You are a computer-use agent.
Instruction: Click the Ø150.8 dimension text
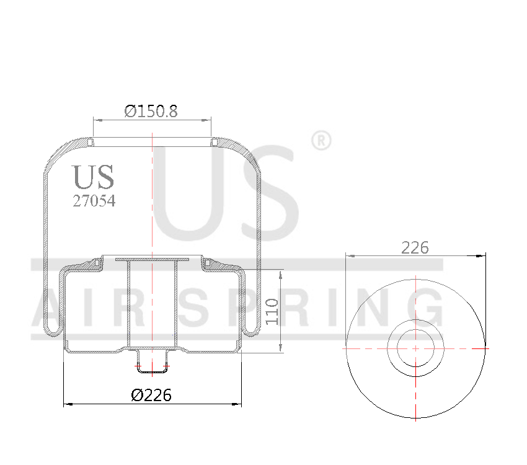point(151,112)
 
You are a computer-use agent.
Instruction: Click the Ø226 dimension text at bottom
point(151,394)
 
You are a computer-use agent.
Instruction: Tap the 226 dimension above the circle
point(415,247)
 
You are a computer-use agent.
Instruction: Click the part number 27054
point(94,201)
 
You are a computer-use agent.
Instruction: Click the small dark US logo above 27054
point(94,177)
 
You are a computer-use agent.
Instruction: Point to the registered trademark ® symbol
point(320,141)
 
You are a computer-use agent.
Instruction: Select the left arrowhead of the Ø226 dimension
point(68,404)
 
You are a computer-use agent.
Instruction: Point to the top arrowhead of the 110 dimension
point(282,273)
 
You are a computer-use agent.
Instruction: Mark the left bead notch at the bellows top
point(91,143)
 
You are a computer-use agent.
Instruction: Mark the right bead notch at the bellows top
point(213,143)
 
